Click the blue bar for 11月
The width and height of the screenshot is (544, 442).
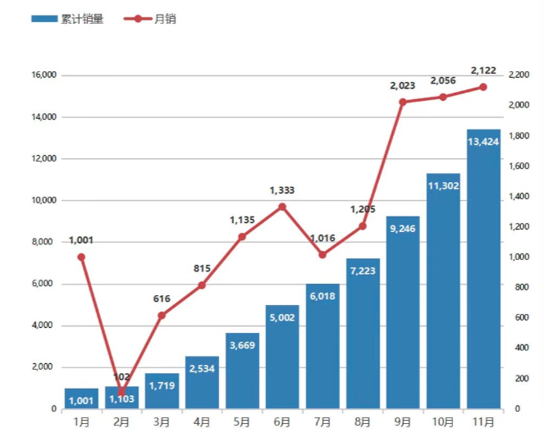pos(483,271)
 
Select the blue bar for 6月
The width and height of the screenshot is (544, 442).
pos(282,357)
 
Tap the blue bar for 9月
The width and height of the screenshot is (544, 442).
pos(403,312)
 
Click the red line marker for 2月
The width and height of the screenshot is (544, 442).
pos(121,393)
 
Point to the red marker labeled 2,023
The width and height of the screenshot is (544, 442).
pos(403,103)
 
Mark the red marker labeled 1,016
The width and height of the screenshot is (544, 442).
pos(322,255)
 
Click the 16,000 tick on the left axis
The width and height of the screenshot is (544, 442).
pos(43,75)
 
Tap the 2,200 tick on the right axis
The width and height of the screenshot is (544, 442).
pos(519,75)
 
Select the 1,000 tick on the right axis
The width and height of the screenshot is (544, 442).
pos(519,257)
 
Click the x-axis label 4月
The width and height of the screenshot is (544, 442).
pos(202,422)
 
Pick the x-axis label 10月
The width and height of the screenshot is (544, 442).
pos(443,422)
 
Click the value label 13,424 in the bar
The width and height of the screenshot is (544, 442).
pos(483,142)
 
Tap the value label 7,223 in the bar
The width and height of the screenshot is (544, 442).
pos(363,271)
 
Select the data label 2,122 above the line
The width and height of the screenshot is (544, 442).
pos(483,70)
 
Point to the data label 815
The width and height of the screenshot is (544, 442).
pos(202,268)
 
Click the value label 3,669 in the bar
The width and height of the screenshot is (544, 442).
pos(242,345)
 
